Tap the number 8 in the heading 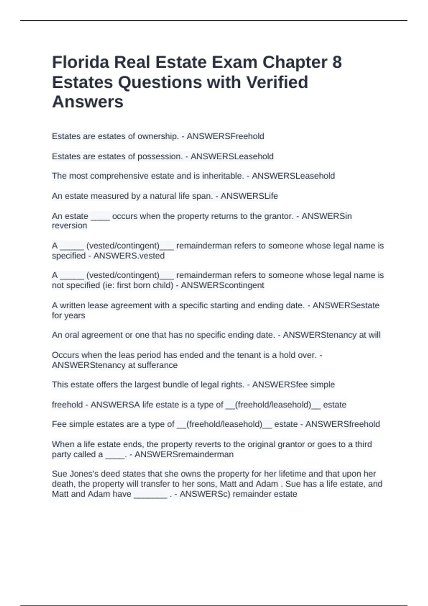[337, 62]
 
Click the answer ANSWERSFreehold [225, 136]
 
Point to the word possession [160, 156]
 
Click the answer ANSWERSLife [249, 196]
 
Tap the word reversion [70, 226]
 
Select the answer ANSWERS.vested [129, 256]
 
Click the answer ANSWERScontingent [223, 285]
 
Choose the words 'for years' [68, 315]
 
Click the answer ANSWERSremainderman [184, 454]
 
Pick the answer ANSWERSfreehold [342, 424]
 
